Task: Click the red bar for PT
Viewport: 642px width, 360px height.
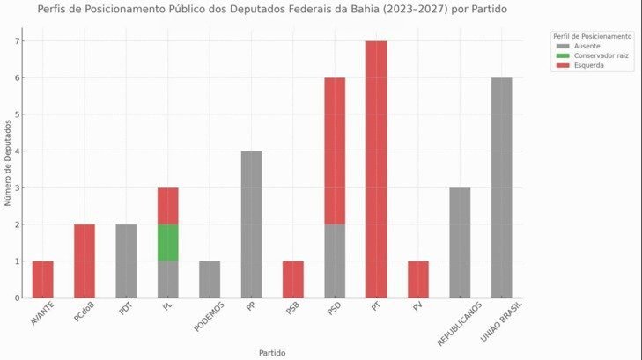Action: [376, 169]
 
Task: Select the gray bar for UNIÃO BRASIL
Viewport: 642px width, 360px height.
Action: [501, 187]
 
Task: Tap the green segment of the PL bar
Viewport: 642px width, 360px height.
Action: [167, 242]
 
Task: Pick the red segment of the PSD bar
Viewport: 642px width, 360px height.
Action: [335, 151]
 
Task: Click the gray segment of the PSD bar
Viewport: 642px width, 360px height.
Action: [335, 261]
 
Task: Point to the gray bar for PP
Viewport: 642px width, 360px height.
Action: [251, 224]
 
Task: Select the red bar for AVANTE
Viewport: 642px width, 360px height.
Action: [42, 279]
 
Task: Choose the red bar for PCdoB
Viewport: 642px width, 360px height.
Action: [85, 261]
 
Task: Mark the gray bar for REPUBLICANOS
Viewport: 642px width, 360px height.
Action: [460, 242]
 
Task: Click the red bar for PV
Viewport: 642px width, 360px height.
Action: [418, 279]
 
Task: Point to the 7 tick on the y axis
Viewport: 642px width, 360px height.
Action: [17, 41]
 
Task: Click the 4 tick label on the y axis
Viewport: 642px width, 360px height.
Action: [17, 151]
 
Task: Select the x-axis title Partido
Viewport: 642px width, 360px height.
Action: [271, 352]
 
